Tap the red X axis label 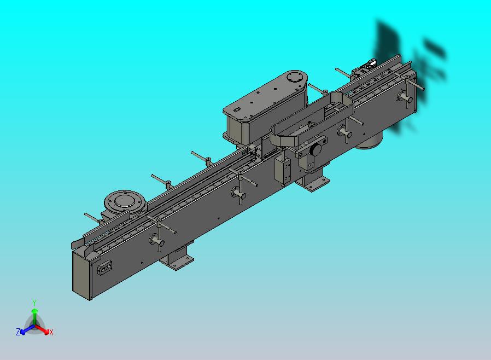[51, 332]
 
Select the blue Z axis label [18, 332]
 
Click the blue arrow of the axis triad [26, 329]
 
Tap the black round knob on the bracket [315, 150]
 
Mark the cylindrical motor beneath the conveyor [370, 141]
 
